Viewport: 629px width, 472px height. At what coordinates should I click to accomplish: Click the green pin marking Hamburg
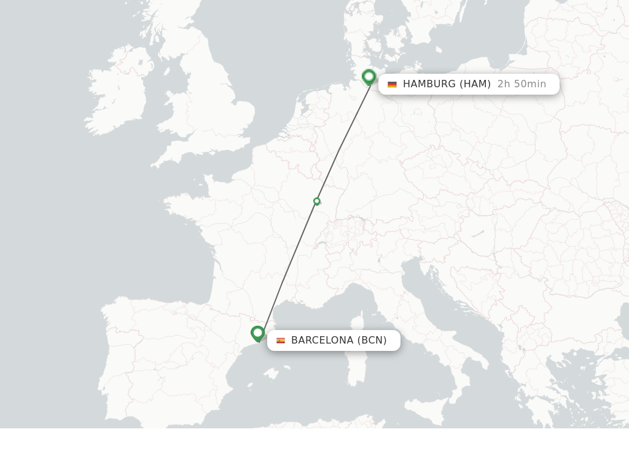point(369,77)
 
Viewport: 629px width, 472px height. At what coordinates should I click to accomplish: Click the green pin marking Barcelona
point(258,333)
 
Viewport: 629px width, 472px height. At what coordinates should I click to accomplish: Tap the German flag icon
point(392,84)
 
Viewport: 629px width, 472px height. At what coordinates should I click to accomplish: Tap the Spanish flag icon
point(281,340)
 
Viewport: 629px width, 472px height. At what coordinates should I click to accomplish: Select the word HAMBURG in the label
point(429,84)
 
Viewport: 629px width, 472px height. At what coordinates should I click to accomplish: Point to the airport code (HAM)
point(475,84)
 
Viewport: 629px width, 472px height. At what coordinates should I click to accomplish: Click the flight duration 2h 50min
point(522,84)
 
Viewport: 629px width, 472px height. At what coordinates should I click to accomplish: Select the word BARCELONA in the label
point(322,340)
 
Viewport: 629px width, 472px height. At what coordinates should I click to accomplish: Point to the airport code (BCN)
point(372,340)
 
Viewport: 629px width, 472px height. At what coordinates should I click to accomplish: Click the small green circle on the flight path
point(317,201)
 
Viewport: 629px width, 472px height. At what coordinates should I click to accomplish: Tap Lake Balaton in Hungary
point(477,234)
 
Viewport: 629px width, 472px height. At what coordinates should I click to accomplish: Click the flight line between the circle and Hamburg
point(342,144)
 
